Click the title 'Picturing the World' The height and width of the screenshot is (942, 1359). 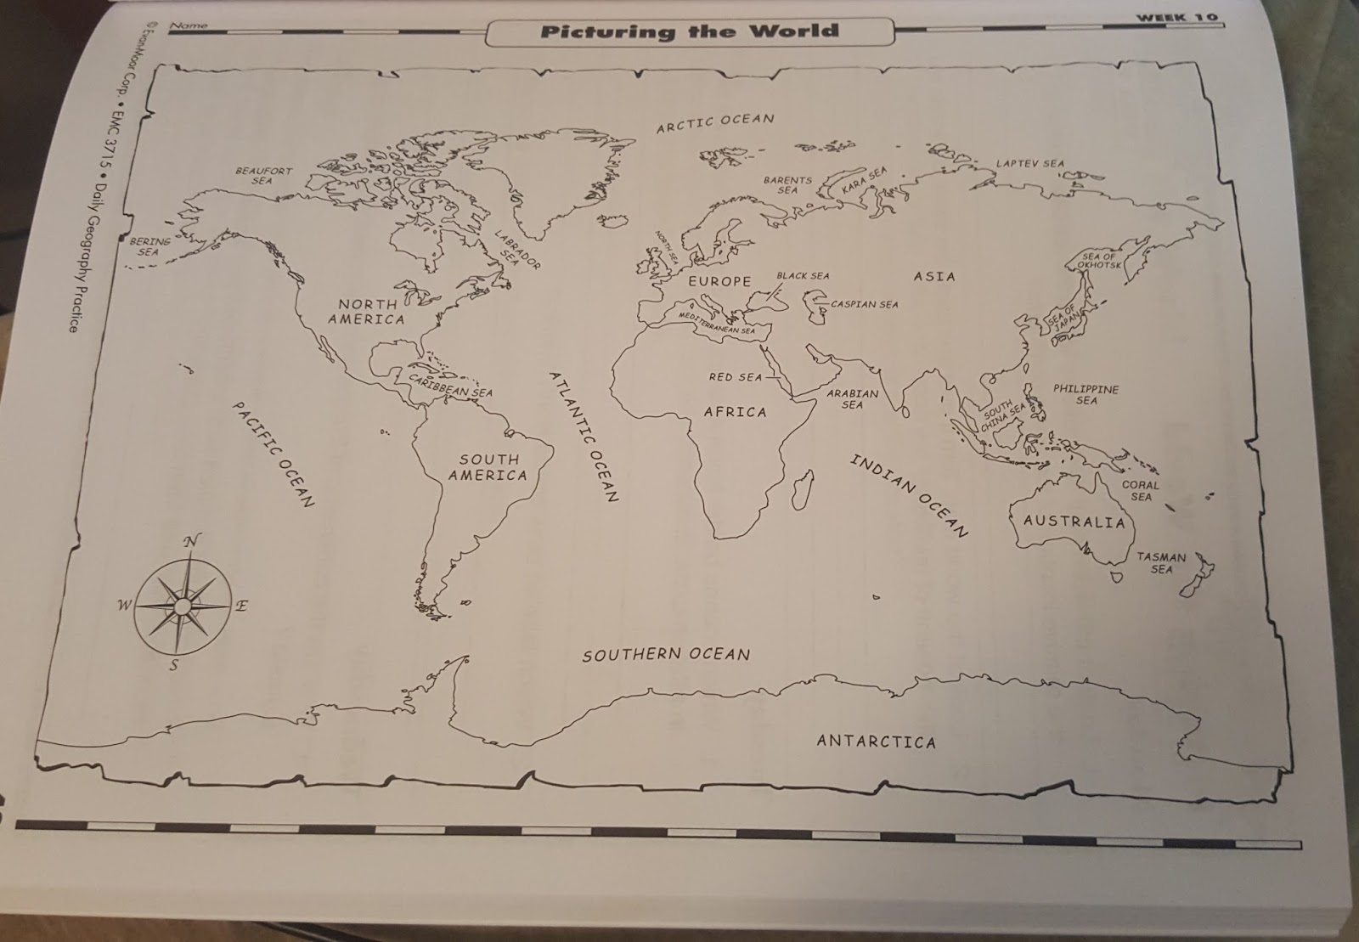point(689,32)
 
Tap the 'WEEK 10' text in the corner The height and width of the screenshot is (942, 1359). point(1177,17)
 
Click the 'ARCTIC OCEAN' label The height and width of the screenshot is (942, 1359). point(715,122)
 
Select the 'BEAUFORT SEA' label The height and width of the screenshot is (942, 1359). point(263,176)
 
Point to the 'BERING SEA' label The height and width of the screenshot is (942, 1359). point(149,246)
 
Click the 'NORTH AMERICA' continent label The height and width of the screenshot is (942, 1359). point(367,312)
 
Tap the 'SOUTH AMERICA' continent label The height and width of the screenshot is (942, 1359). point(488,467)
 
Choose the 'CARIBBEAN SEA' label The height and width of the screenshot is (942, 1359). point(450,386)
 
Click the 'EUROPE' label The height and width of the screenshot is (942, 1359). point(719,281)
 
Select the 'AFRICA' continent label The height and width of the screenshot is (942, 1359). point(735,412)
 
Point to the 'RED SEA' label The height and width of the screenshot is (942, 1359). point(736,376)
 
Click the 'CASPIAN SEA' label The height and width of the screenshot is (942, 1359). point(864,304)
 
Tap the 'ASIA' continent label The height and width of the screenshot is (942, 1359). point(934,276)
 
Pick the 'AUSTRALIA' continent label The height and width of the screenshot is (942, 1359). point(1074,521)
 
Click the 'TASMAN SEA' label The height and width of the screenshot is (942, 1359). point(1161,563)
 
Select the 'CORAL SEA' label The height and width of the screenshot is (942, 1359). point(1141,491)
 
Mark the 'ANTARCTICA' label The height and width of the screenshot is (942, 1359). point(876,742)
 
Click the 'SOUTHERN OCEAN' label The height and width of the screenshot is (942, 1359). point(666,654)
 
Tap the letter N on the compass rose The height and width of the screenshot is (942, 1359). point(192,541)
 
